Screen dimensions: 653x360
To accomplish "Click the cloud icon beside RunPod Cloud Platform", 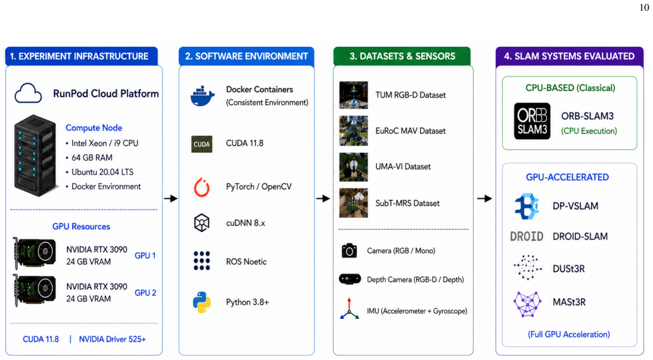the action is point(28,93).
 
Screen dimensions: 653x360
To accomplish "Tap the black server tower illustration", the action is point(35,155).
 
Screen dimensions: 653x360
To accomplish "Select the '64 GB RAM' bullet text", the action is point(92,157).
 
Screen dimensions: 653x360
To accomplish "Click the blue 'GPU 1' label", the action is point(145,255).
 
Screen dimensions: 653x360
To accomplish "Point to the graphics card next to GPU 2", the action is point(35,291).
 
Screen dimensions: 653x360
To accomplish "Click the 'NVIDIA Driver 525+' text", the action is point(112,339).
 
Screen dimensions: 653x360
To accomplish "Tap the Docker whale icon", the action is point(202,96).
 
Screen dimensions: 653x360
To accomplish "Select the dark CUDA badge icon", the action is point(201,144).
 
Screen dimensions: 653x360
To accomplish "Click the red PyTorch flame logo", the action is point(201,187).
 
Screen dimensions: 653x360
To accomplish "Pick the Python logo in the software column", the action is point(201,302).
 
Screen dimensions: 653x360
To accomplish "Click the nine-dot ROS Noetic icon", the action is point(201,261).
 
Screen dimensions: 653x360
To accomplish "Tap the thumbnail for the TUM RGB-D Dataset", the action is point(354,95).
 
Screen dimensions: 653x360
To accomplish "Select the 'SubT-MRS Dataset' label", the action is point(407,203).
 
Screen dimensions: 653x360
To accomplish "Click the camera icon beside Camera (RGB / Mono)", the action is point(349,250).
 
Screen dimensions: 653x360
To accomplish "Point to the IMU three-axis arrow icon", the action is point(349,309).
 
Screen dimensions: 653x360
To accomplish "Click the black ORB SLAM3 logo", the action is point(532,121).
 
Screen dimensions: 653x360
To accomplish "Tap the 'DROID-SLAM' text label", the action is point(580,236).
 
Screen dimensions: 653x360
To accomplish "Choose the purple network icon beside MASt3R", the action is point(528,304).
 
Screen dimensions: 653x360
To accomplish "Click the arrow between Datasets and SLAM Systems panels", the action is point(484,198).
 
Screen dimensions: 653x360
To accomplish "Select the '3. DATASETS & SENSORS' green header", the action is point(402,56).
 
